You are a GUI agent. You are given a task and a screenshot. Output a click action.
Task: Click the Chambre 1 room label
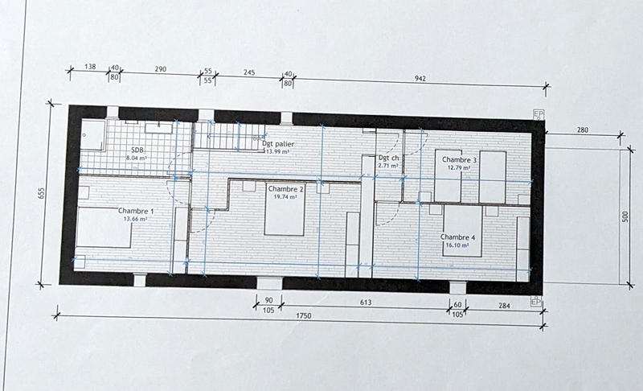[x=136, y=211]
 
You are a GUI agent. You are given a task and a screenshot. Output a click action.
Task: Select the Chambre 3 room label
[x=459, y=160]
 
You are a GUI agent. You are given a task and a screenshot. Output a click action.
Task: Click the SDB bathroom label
[x=137, y=150]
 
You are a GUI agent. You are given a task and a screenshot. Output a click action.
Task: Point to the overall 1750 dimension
[x=301, y=316]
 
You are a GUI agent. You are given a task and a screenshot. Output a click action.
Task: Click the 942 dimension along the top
[x=417, y=80]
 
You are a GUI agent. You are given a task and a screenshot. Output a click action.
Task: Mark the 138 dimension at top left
[x=90, y=70]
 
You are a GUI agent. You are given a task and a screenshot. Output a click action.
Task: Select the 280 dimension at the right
[x=584, y=129]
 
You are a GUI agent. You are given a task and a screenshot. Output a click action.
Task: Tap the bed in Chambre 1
[x=103, y=228]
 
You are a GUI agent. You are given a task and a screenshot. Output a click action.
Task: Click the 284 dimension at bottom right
[x=504, y=305]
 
